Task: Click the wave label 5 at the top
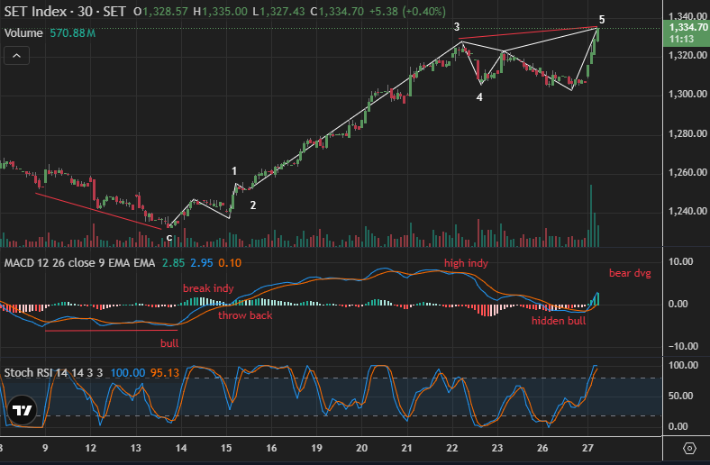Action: tap(602, 19)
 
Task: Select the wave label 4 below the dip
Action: tap(479, 96)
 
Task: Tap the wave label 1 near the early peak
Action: tap(234, 171)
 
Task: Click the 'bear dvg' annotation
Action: tap(630, 272)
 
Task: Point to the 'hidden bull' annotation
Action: tap(559, 320)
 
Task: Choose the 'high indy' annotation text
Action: tap(465, 263)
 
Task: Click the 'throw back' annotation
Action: tap(245, 315)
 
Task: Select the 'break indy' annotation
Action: tap(208, 287)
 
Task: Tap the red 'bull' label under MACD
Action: tap(169, 343)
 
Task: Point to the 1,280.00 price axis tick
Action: tap(687, 133)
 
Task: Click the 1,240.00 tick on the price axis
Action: tap(687, 212)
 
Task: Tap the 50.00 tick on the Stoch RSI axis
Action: tap(679, 396)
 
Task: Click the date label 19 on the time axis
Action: tap(317, 448)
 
